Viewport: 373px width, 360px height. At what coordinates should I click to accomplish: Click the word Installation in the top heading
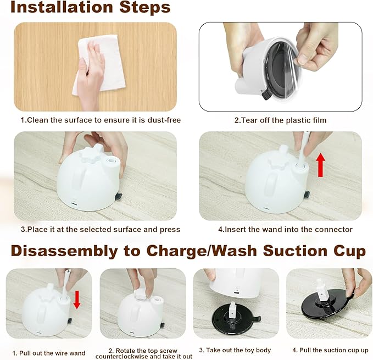click(62, 7)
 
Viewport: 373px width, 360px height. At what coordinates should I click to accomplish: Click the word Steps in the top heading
click(145, 7)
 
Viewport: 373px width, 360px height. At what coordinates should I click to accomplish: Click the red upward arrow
click(321, 165)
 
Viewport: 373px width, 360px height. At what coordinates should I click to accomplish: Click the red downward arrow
click(77, 300)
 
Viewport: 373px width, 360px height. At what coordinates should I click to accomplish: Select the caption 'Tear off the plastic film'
click(280, 120)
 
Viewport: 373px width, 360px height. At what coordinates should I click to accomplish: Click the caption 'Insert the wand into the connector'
click(285, 229)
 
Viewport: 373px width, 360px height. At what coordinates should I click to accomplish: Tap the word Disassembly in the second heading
click(64, 251)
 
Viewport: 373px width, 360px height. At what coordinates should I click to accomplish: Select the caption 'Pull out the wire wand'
click(49, 353)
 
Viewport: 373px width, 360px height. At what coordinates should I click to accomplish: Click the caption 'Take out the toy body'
click(235, 350)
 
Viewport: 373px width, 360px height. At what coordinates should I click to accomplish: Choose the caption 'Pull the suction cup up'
click(330, 350)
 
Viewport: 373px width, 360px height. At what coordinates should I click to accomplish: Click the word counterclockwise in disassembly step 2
click(122, 357)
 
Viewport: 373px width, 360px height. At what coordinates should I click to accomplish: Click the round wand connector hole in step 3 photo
click(110, 161)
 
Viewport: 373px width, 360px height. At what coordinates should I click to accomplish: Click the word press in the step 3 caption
click(170, 230)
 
